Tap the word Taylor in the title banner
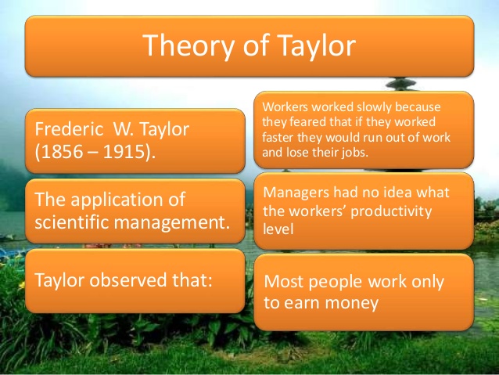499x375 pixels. (313, 46)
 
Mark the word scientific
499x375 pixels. (74, 222)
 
